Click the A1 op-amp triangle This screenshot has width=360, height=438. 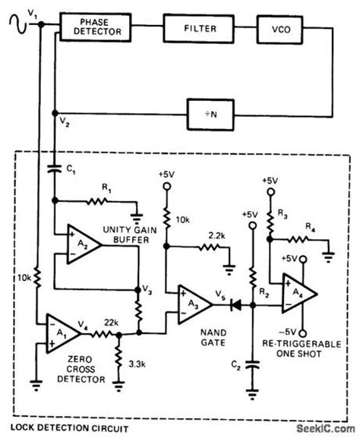pos(62,329)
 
